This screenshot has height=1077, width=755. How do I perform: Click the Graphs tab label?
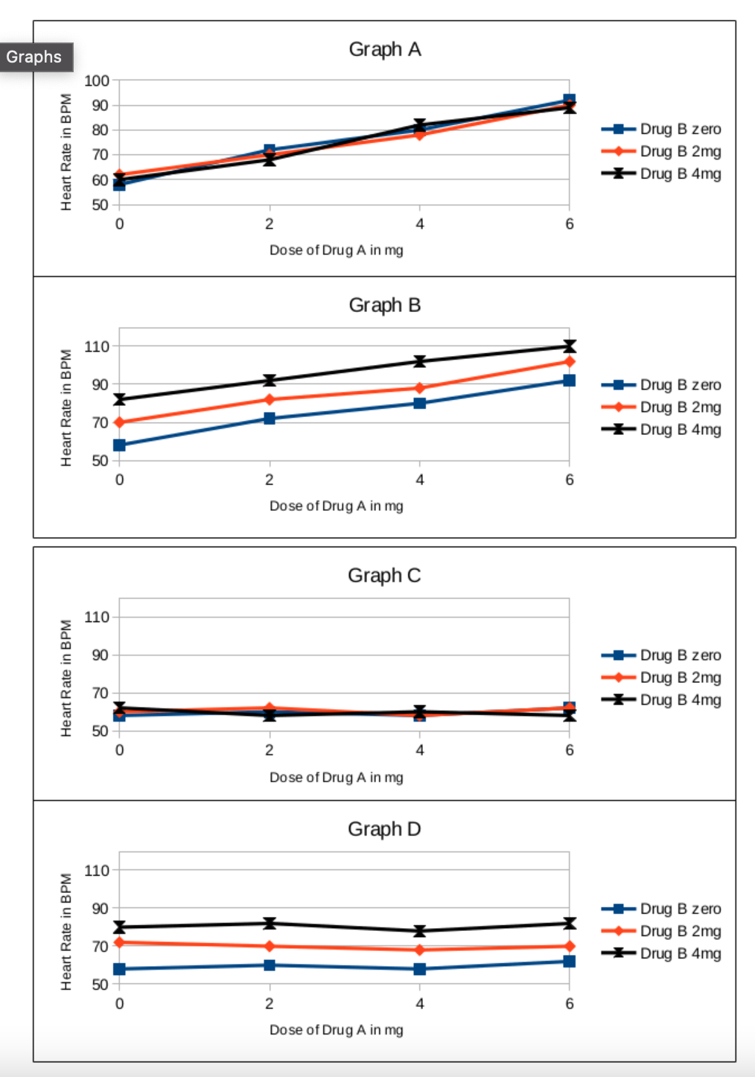pyautogui.click(x=34, y=57)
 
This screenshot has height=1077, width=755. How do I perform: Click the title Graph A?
pyautogui.click(x=384, y=49)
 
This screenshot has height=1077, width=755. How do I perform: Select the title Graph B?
pyautogui.click(x=384, y=305)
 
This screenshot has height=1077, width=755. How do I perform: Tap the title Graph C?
pyautogui.click(x=384, y=576)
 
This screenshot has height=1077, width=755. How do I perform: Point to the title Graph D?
pyautogui.click(x=384, y=829)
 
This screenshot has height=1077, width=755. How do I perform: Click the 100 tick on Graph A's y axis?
pyautogui.click(x=97, y=80)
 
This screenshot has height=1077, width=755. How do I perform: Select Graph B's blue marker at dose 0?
pyautogui.click(x=119, y=445)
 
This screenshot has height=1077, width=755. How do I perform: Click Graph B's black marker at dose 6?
pyautogui.click(x=570, y=346)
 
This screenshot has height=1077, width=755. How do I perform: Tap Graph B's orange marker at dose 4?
pyautogui.click(x=420, y=388)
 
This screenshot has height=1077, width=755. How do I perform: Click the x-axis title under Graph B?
pyautogui.click(x=337, y=506)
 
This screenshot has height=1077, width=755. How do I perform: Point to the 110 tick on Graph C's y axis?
pyautogui.click(x=97, y=617)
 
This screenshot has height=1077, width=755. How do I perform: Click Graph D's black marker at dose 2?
pyautogui.click(x=270, y=923)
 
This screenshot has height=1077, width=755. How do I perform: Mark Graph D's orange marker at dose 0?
pyautogui.click(x=119, y=942)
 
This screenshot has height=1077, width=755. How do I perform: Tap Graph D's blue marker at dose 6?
pyautogui.click(x=570, y=962)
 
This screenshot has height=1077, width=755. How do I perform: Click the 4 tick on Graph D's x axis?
pyautogui.click(x=420, y=1003)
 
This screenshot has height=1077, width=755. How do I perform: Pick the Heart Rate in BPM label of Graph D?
pyautogui.click(x=66, y=932)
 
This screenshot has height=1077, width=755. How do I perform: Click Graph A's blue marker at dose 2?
pyautogui.click(x=270, y=150)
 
